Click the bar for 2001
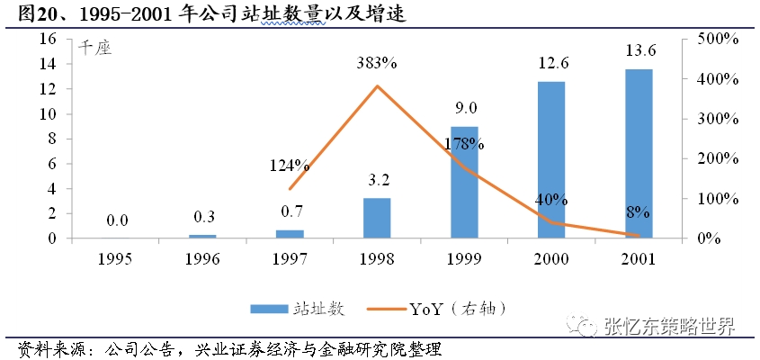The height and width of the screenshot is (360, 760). point(639,154)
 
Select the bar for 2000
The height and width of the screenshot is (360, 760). point(551,160)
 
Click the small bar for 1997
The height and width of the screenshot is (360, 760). point(290,234)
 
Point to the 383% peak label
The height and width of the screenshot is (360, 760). point(377,64)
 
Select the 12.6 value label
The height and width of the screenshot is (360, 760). point(551,64)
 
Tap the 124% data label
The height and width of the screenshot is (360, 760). point(290,166)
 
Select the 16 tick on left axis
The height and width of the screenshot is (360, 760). point(49,40)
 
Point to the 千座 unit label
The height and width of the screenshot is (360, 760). point(94,49)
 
